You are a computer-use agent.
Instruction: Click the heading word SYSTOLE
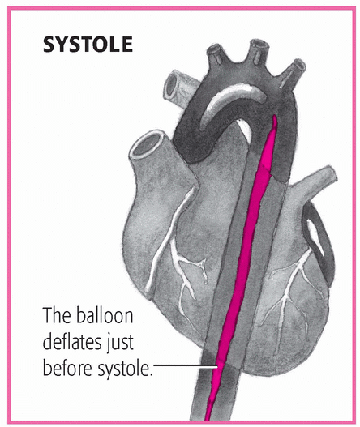(x=88, y=45)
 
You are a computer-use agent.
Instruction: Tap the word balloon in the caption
(x=105, y=315)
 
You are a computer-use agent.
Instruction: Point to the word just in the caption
(x=120, y=343)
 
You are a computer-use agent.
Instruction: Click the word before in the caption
(x=67, y=367)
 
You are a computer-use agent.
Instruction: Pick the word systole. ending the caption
(x=124, y=369)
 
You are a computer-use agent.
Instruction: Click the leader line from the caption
(x=186, y=367)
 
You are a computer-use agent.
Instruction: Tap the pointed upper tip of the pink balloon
(x=274, y=116)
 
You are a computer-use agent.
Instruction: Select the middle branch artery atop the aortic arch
(x=259, y=52)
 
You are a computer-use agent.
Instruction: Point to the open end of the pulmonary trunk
(x=145, y=145)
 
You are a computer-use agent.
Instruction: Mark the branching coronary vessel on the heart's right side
(x=289, y=288)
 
